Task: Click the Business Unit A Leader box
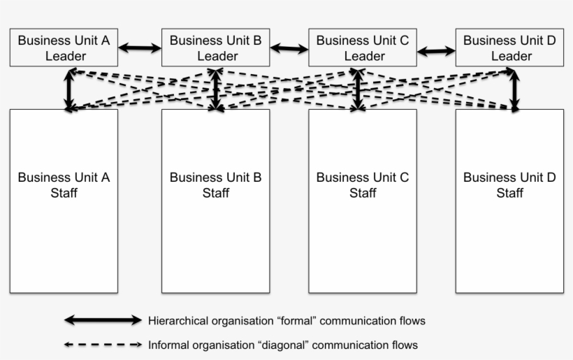64,48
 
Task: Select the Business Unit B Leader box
215,48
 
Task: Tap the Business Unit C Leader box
362,48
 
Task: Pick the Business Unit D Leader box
509,48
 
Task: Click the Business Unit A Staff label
64,185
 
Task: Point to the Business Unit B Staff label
215,185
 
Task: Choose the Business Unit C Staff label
362,185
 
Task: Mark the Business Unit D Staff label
509,185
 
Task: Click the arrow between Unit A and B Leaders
140,48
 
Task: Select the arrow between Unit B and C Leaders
289,49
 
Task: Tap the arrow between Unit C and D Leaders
436,50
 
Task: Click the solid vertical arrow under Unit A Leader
69,89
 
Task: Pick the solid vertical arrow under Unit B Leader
217,89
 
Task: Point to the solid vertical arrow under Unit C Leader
358,89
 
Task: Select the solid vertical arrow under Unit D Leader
515,89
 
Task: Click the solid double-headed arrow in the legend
103,320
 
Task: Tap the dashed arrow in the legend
103,345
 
